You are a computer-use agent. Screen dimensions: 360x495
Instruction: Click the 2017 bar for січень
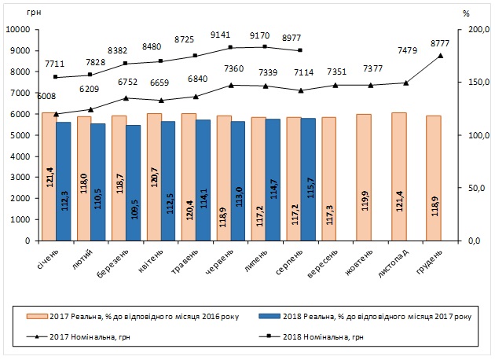click(49, 177)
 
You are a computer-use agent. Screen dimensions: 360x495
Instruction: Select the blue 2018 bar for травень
click(203, 181)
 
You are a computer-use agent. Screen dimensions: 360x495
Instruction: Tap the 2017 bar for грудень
click(432, 178)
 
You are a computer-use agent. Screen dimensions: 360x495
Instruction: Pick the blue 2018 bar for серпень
click(307, 180)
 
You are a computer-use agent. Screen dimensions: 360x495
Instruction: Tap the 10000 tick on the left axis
click(17, 30)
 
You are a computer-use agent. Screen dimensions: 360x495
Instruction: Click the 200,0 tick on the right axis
click(470, 30)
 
